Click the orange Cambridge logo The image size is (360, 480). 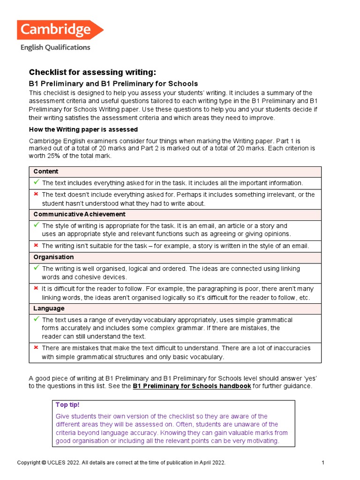[x=60, y=30]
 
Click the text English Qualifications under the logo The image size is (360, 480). [x=55, y=47]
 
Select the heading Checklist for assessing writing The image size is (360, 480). [x=92, y=72]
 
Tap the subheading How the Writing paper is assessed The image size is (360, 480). [x=83, y=129]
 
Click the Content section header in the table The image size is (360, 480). [x=46, y=172]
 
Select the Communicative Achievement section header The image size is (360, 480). [x=79, y=214]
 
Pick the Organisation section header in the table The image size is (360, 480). [x=53, y=257]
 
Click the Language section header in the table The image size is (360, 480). [x=49, y=308]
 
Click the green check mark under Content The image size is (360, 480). [x=36, y=182]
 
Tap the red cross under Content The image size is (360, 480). [x=36, y=194]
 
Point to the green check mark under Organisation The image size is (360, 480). [x=36, y=268]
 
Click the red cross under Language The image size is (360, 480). [x=36, y=348]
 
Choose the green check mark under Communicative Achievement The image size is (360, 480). [x=36, y=225]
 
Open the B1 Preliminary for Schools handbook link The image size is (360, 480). [x=192, y=386]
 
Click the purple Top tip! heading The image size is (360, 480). [x=68, y=405]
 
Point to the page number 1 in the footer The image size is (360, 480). [x=323, y=463]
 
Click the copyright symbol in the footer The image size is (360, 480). [x=44, y=463]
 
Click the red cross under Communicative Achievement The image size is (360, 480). [x=36, y=245]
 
